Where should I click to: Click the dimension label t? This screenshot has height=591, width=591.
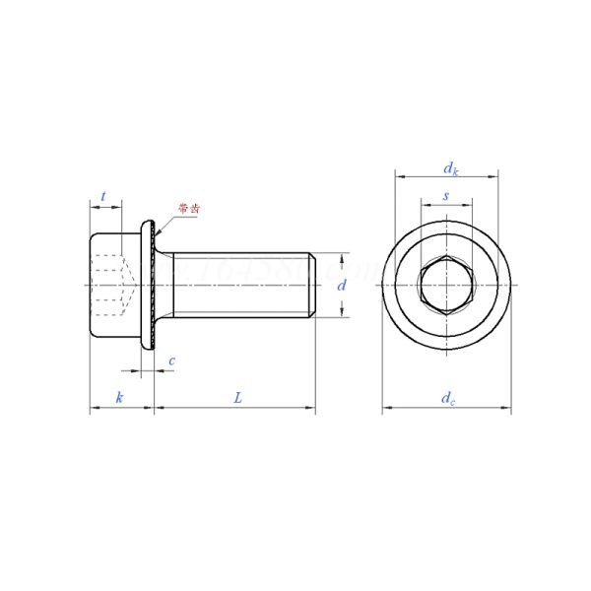click(103, 196)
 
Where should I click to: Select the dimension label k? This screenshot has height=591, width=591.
click(119, 397)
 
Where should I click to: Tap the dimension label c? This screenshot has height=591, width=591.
click(171, 361)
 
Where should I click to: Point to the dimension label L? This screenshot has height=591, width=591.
click(237, 397)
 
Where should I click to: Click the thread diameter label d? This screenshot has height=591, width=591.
click(342, 285)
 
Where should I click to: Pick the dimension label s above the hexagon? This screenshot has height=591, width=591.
click(446, 196)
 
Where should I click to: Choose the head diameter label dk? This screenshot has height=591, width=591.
click(448, 166)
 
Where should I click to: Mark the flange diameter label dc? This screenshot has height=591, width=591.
click(448, 397)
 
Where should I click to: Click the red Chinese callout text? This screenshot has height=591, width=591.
click(188, 209)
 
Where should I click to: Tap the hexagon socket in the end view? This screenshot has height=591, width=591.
click(446, 285)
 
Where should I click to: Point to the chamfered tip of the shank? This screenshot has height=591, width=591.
click(312, 285)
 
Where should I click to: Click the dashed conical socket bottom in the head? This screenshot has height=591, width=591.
click(128, 285)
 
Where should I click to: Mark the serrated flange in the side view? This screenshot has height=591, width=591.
click(152, 285)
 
